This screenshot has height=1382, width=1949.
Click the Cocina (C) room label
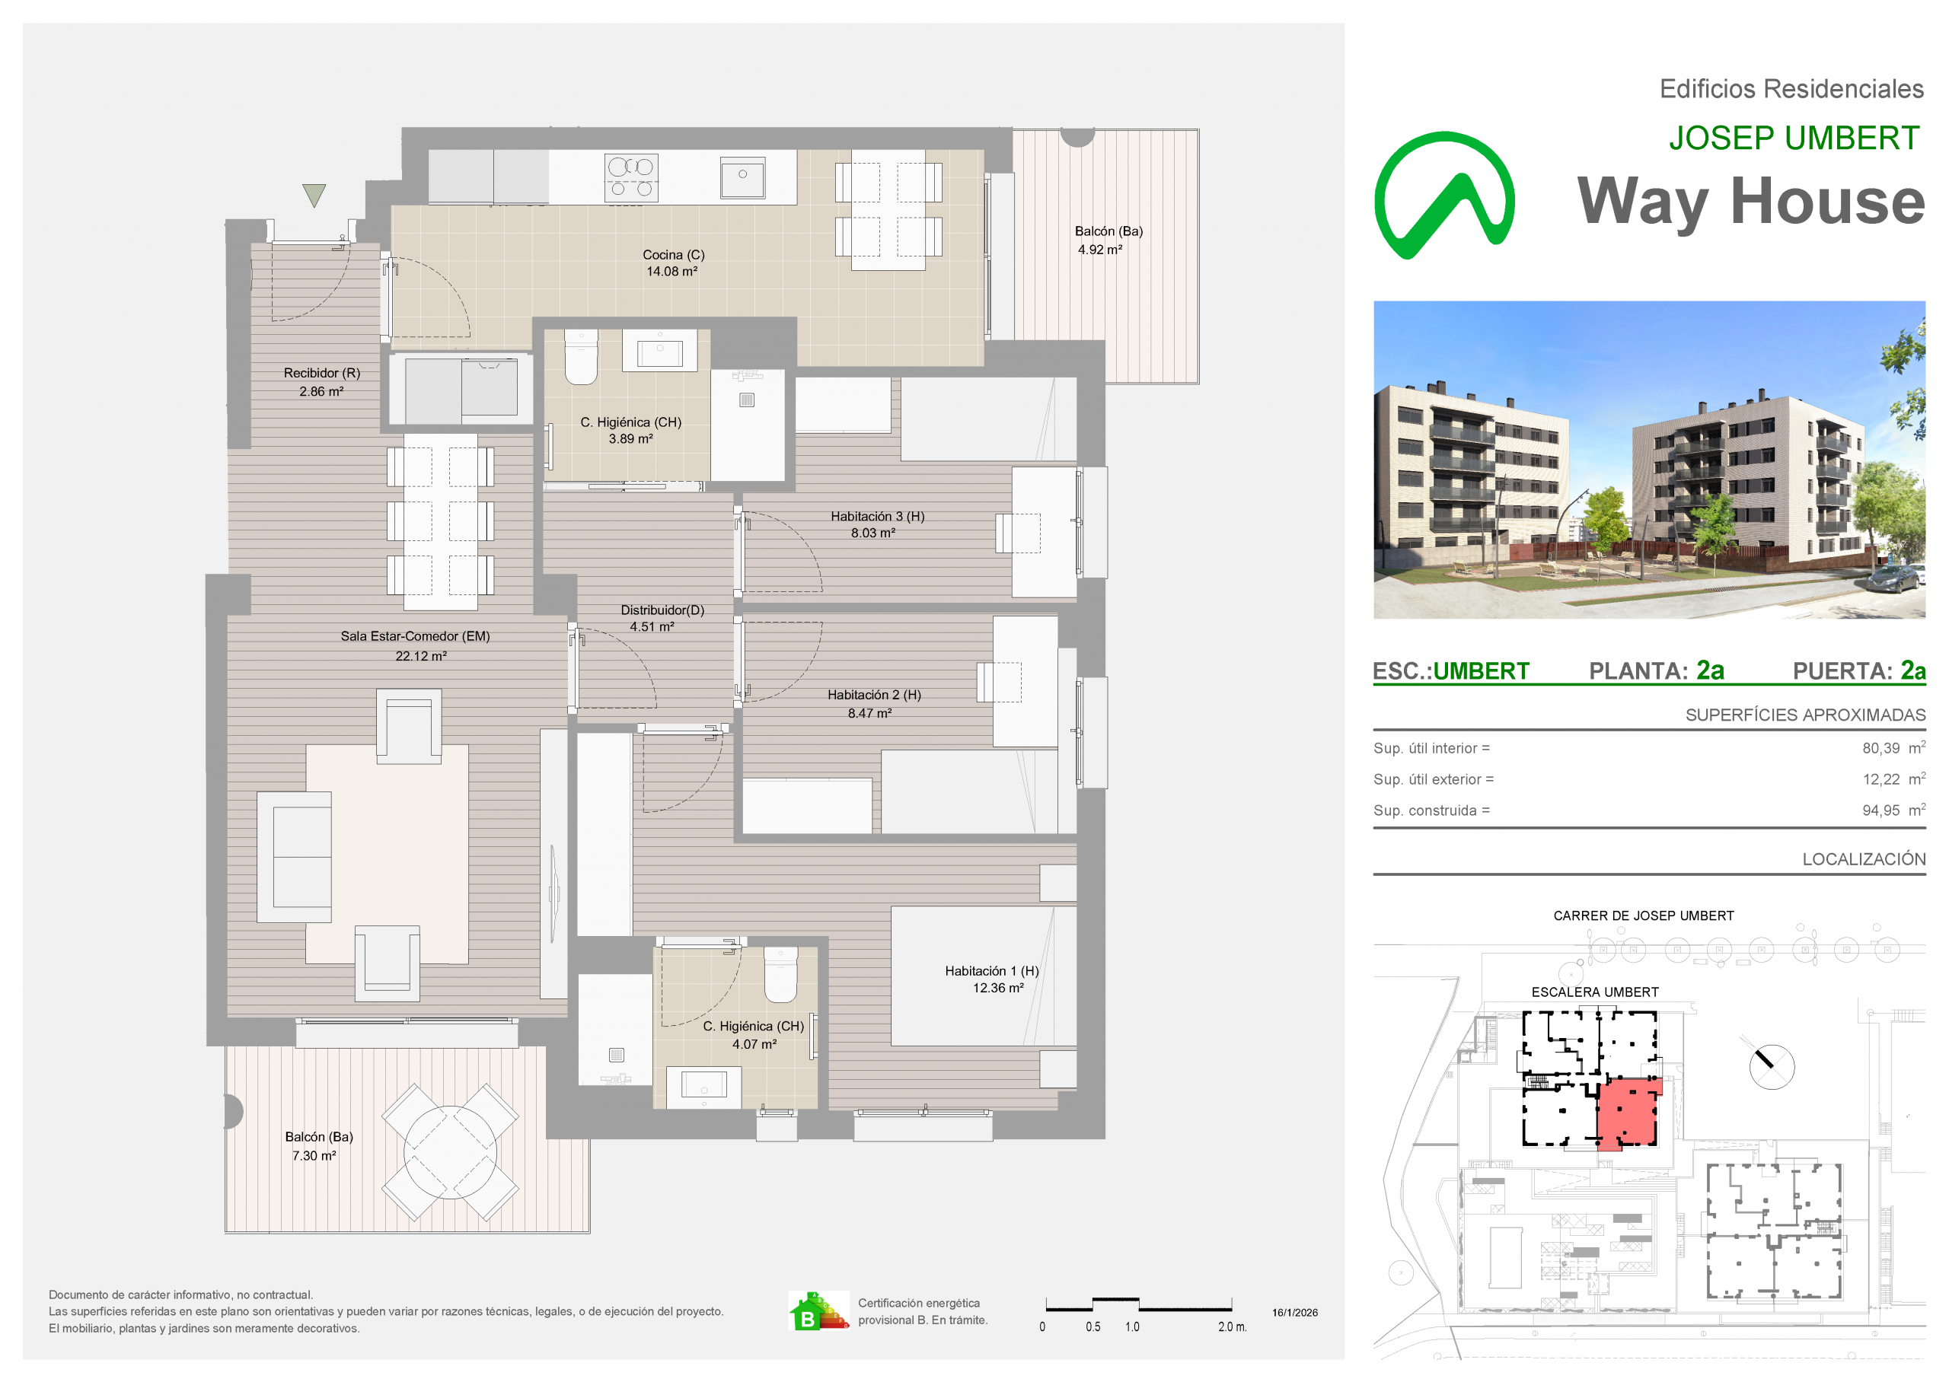pos(673,254)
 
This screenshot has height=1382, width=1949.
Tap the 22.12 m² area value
pos(420,656)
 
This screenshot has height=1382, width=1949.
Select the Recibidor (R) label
pos(322,373)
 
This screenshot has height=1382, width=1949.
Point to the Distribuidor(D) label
pos(662,610)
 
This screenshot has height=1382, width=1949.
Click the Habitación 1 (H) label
pos(991,971)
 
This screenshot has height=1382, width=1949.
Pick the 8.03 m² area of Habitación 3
pos(873,533)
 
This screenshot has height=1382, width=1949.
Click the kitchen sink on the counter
pos(742,178)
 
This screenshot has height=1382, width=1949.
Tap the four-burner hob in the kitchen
pos(630,178)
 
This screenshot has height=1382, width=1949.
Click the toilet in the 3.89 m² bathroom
pos(582,358)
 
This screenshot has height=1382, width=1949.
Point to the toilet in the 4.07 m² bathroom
pos(780,975)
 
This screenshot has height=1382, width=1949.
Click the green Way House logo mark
pos(1444,196)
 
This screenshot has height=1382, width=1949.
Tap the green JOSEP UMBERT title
pos(1794,138)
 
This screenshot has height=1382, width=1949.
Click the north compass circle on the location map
pos(1772,1066)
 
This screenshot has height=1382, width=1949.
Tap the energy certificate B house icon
pos(818,1311)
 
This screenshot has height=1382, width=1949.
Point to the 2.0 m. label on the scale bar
pos(1233,1327)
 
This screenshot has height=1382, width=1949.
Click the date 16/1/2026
pos(1295,1313)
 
